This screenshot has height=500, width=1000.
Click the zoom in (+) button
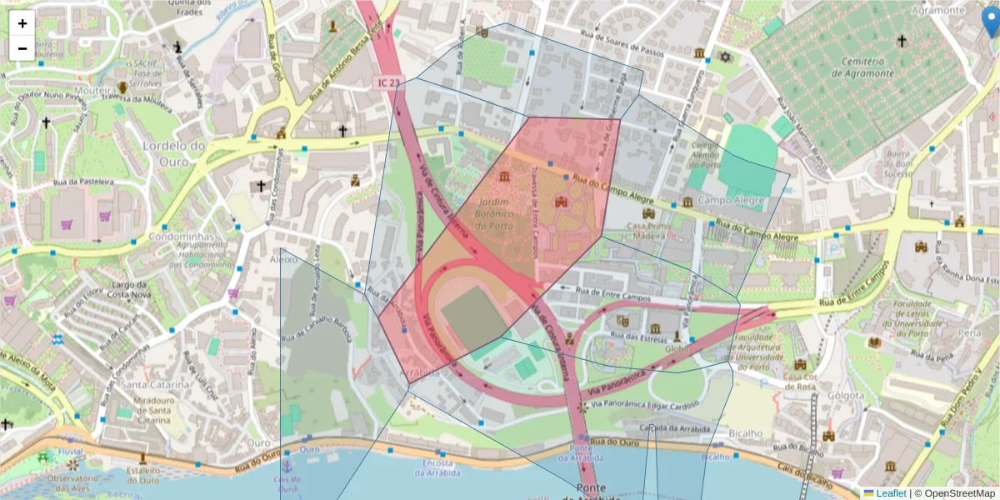pos(22,23)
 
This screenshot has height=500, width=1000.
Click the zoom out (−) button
pos(22,48)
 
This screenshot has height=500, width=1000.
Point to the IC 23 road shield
pos(388,82)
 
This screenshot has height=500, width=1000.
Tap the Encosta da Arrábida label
pos(437,468)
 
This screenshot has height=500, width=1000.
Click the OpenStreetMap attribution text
pos(955,493)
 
